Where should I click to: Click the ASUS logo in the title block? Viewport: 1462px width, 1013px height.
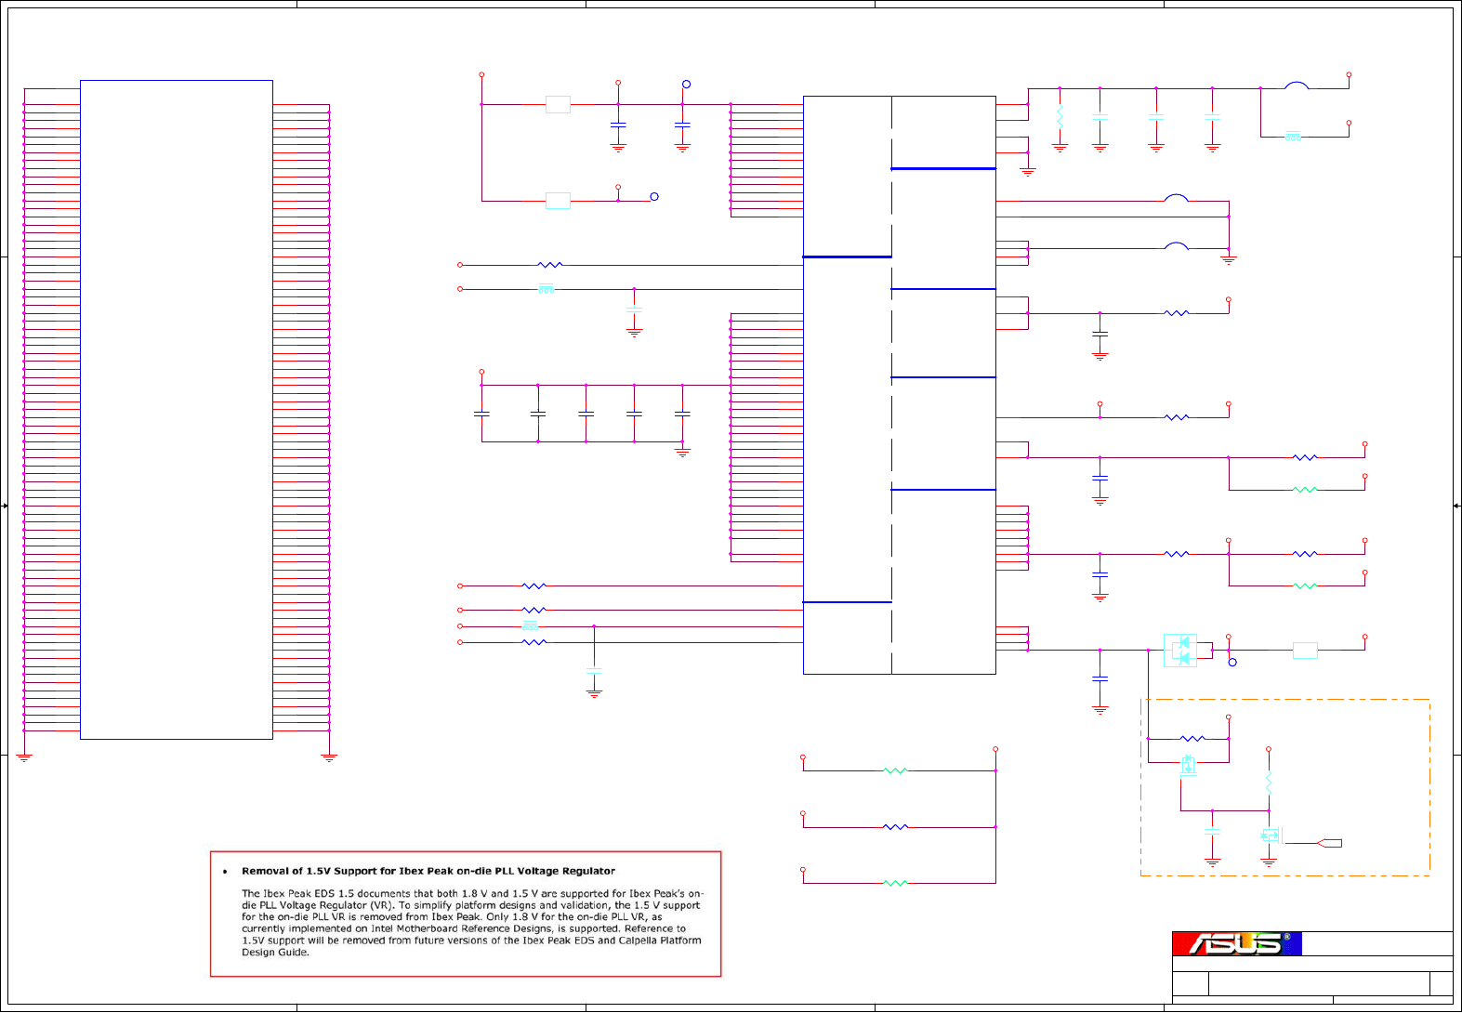pos(1236,943)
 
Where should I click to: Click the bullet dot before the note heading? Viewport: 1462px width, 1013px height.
pos(225,872)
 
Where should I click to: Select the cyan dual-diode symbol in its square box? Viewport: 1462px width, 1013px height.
pos(1180,650)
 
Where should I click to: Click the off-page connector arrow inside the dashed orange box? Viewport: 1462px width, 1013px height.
pos(1330,843)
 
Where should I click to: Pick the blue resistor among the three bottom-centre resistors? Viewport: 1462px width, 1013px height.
pos(895,826)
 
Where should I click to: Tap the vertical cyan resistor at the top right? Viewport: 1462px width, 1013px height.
pos(1060,117)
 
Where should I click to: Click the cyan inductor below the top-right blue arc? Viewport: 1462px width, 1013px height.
pos(1293,137)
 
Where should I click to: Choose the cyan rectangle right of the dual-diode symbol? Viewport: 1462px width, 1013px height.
pos(1305,651)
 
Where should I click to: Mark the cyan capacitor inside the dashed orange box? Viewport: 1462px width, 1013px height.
pos(1212,831)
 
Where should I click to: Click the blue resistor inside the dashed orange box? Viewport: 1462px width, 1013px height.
pos(1192,739)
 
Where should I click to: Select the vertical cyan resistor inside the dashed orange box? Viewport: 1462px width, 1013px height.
pos(1269,783)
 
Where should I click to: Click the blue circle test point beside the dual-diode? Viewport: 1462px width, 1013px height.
pos(1232,663)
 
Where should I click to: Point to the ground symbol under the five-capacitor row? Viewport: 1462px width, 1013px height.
pos(682,453)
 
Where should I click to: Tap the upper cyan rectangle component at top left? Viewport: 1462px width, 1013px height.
pos(558,104)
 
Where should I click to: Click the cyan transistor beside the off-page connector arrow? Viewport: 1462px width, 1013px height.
pos(1270,835)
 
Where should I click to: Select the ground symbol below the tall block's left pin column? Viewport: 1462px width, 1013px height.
pos(24,757)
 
